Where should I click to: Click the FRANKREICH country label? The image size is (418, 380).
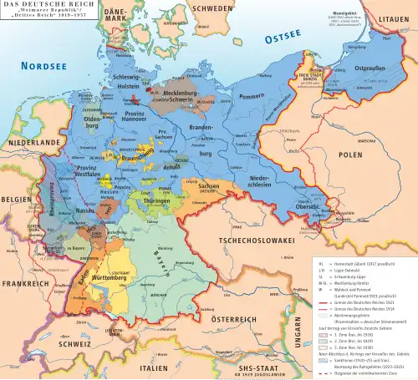coord(25,283)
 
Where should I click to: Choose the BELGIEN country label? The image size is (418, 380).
coord(14,201)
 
